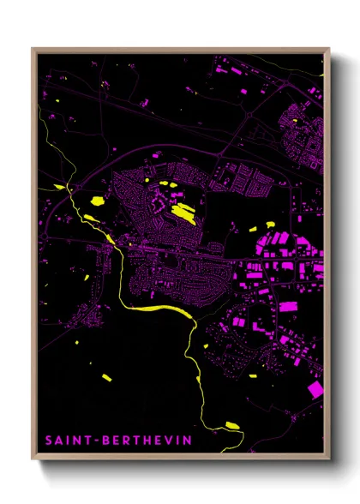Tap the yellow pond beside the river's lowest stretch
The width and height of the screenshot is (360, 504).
pos(231,424)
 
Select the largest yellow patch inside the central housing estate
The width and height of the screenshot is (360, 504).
pos(183,212)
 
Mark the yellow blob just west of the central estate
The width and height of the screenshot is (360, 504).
pos(97,201)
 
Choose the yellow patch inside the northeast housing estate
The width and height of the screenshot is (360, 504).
pos(296,121)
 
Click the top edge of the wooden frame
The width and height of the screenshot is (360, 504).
pos(180,50)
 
